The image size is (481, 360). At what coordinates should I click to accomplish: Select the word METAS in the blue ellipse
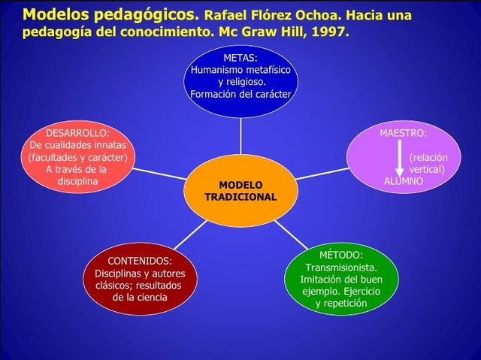240,57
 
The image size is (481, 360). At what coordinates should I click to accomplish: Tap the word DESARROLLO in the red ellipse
77,132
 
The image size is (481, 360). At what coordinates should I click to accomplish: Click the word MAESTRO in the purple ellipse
403,132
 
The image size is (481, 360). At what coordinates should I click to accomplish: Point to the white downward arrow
399,159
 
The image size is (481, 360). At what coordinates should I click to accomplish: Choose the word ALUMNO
404,181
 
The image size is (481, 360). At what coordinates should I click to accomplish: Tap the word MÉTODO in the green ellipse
340,255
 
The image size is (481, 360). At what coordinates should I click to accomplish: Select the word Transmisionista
340,267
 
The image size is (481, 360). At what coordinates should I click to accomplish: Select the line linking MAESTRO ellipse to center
322,172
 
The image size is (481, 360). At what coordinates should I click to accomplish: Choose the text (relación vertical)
427,164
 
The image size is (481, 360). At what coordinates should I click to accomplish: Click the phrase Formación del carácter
240,95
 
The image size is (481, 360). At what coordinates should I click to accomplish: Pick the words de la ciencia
141,298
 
